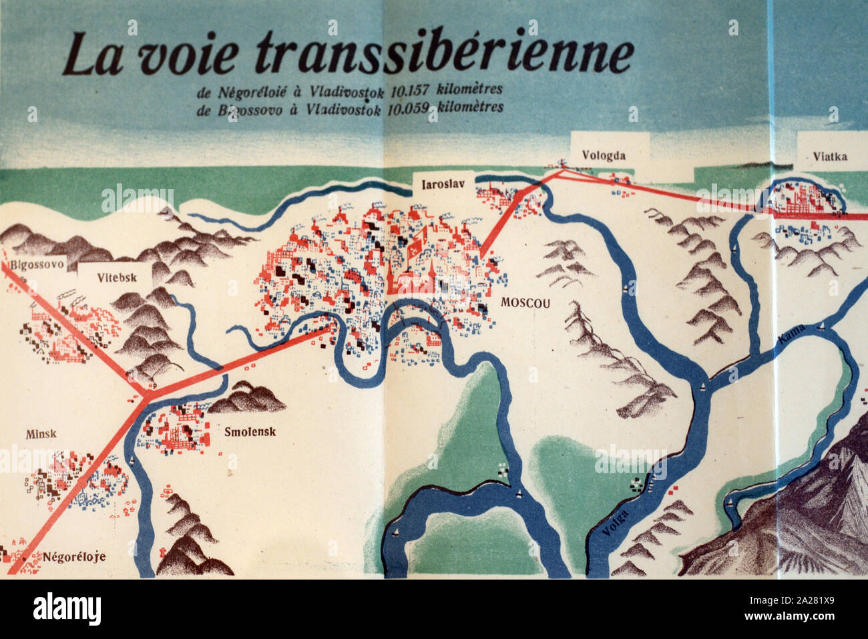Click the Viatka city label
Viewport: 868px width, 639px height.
tap(830, 157)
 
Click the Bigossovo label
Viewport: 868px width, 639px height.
tap(37, 264)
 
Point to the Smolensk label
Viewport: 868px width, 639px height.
tap(250, 431)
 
